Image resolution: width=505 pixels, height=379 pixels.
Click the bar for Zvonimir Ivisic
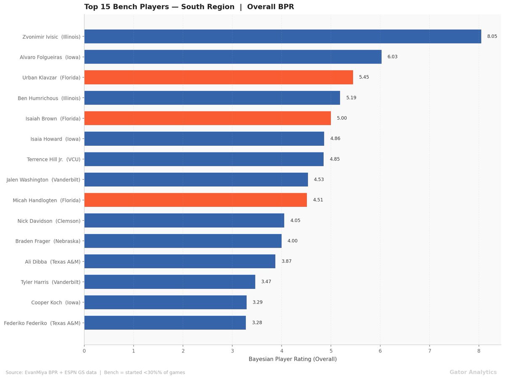click(x=282, y=37)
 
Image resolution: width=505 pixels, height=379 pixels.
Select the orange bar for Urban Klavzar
click(x=218, y=77)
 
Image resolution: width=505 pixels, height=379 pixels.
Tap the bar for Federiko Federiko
click(x=165, y=323)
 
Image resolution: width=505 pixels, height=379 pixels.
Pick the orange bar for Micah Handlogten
click(x=195, y=200)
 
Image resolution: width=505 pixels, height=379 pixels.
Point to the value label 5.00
click(x=342, y=118)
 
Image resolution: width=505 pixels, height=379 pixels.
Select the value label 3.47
click(x=266, y=282)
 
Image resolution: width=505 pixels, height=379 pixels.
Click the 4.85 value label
click(x=335, y=159)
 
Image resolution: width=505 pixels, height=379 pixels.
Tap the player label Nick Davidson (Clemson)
click(x=49, y=221)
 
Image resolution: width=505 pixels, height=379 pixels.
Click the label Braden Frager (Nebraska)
click(x=48, y=241)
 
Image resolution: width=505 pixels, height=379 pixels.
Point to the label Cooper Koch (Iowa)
click(x=56, y=302)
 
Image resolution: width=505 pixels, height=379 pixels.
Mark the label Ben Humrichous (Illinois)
click(x=49, y=98)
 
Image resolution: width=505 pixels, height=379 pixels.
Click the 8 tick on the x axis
click(x=479, y=350)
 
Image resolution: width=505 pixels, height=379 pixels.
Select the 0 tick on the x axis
click(x=84, y=350)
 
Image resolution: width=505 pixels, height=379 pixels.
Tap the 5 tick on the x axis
click(x=331, y=350)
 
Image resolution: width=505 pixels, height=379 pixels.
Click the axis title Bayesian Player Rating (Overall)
click(x=292, y=359)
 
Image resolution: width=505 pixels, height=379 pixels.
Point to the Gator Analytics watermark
click(x=473, y=372)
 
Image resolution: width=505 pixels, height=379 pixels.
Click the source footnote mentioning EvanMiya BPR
click(x=95, y=373)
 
